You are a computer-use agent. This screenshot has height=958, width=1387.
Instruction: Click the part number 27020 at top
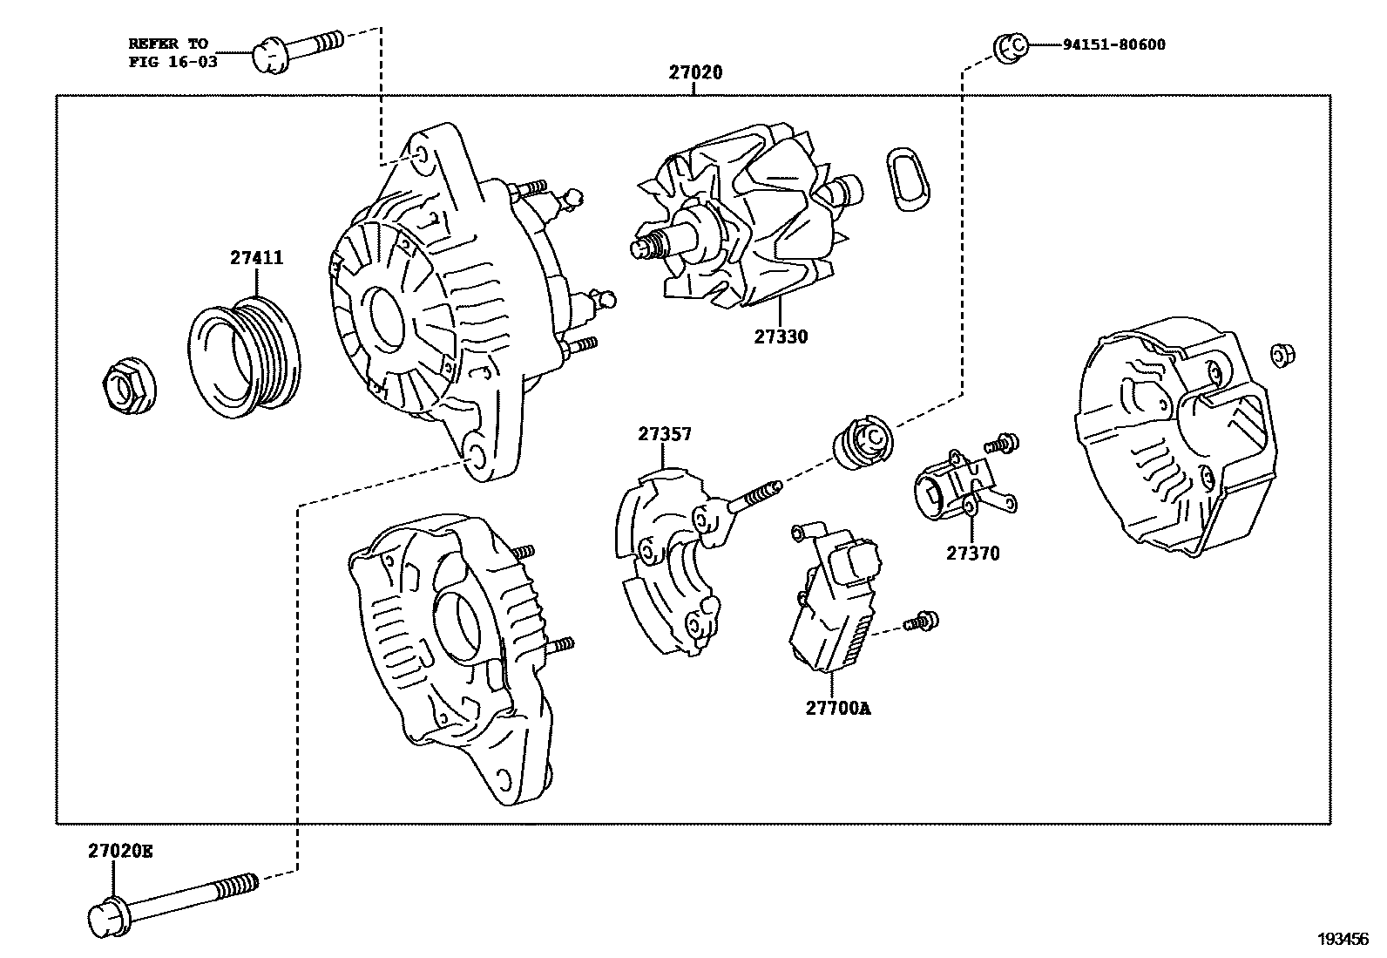click(x=695, y=72)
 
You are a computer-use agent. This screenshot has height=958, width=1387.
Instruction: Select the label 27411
click(x=256, y=258)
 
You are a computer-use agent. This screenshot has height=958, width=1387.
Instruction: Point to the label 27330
click(x=781, y=336)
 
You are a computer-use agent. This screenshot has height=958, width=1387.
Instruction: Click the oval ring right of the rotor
click(x=907, y=179)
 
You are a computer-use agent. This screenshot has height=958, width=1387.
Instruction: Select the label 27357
click(x=664, y=433)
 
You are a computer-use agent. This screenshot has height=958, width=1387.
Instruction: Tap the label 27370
click(x=973, y=553)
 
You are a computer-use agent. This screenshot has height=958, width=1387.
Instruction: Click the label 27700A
click(x=837, y=708)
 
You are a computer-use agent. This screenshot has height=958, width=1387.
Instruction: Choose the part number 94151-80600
click(x=1113, y=44)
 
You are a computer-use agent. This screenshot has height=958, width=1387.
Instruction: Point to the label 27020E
click(x=119, y=851)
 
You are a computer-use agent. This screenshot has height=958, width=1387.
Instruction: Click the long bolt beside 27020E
click(x=174, y=897)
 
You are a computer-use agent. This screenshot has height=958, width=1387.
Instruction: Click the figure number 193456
click(x=1343, y=939)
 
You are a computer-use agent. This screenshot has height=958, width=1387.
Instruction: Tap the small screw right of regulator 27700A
click(x=921, y=622)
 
